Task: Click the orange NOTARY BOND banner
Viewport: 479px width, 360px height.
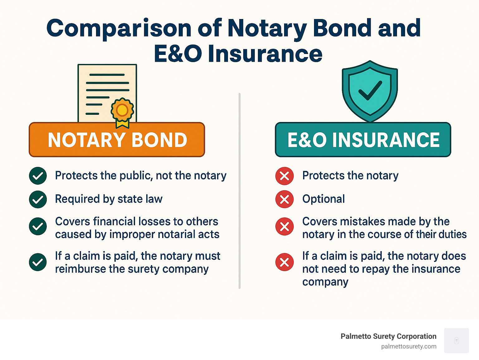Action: (117, 140)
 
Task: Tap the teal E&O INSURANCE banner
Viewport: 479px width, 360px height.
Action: (363, 140)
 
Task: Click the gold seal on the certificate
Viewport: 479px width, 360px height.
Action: (122, 110)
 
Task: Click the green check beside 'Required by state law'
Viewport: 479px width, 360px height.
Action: (38, 199)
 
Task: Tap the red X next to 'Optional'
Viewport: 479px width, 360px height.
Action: (284, 199)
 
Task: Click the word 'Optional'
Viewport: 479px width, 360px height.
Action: (323, 199)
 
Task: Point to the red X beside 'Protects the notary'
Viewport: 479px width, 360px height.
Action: (284, 176)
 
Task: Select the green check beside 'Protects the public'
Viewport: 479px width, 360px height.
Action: (38, 176)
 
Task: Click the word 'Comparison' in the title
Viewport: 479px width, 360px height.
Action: (119, 28)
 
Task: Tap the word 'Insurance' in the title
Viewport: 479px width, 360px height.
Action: (264, 54)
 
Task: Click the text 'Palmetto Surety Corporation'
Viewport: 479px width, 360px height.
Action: (388, 336)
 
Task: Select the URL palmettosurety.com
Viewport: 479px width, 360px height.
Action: (409, 347)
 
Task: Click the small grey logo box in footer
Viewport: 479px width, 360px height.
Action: (456, 341)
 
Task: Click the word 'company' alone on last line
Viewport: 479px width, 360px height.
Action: (325, 282)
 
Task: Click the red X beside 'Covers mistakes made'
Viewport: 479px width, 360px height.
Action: (284, 226)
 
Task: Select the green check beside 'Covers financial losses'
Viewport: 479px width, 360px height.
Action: (38, 226)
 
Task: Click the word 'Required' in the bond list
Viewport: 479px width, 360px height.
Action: (74, 199)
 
